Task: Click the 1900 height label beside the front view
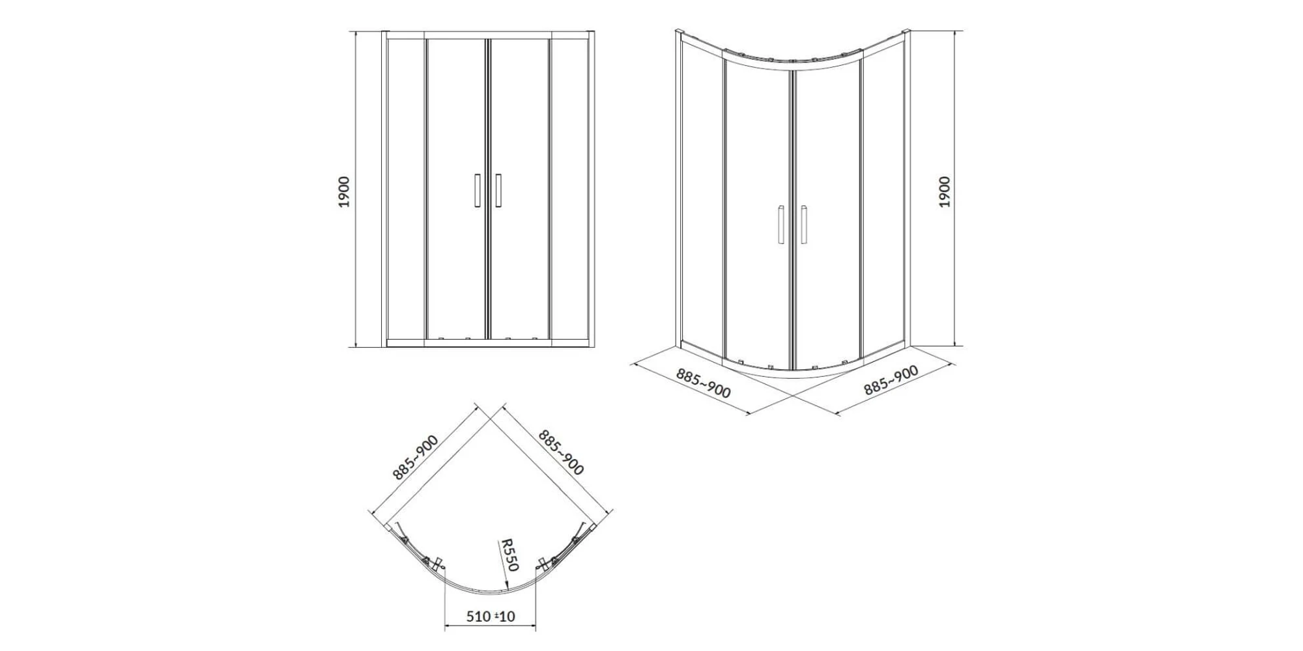(344, 191)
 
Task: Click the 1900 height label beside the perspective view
(944, 191)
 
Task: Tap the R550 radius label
(508, 555)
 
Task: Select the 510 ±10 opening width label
(491, 616)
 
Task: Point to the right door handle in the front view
(498, 191)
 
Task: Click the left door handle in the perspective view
(780, 225)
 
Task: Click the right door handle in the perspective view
(804, 225)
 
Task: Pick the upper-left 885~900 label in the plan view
(416, 456)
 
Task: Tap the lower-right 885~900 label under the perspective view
(891, 380)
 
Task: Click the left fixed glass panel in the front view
(407, 189)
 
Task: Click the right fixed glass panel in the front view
(570, 189)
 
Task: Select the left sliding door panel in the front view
(456, 189)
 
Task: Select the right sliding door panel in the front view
(520, 189)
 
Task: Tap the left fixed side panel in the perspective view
(701, 195)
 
